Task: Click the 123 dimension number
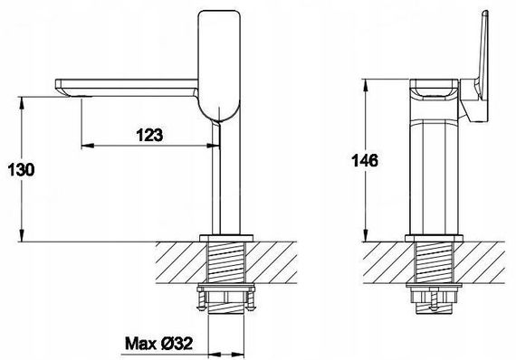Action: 149,135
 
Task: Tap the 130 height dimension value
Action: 21,170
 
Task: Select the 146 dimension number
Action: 365,161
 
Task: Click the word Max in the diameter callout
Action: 141,344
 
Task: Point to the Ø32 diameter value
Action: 177,344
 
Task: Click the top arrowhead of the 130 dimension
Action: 22,102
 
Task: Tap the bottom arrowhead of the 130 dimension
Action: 22,236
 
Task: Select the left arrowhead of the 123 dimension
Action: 88,146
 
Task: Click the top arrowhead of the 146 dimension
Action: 366,86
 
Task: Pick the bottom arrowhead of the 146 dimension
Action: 366,235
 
